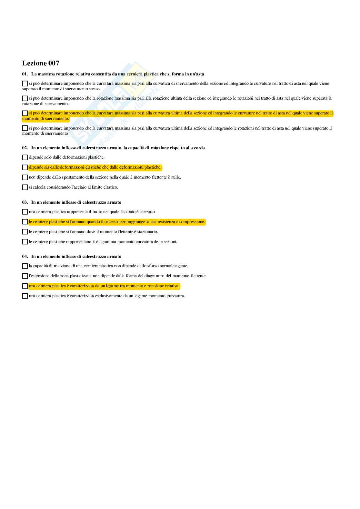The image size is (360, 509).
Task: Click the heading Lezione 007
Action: [41, 63]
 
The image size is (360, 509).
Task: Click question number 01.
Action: [25, 74]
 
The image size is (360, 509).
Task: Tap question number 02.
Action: [25, 148]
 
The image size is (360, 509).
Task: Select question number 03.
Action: [25, 202]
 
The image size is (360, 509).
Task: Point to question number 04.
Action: [25, 257]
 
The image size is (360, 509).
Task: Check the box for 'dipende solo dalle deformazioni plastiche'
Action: [25, 157]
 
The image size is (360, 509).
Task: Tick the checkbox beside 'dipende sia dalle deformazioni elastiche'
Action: [25, 167]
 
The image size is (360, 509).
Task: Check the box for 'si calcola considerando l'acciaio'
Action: [25, 187]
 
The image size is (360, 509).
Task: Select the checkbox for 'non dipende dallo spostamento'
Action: [25, 177]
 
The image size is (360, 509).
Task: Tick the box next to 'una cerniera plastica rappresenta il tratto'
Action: [25, 212]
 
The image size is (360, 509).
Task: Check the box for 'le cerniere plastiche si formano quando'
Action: [25, 222]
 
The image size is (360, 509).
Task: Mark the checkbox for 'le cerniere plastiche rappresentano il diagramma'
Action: [25, 242]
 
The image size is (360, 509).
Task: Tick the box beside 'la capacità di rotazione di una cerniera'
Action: [25, 266]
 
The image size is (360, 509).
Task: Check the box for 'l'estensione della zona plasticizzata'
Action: [25, 276]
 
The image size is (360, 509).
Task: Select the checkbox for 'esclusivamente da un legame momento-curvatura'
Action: [25, 296]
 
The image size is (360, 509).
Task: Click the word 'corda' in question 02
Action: [199, 148]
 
